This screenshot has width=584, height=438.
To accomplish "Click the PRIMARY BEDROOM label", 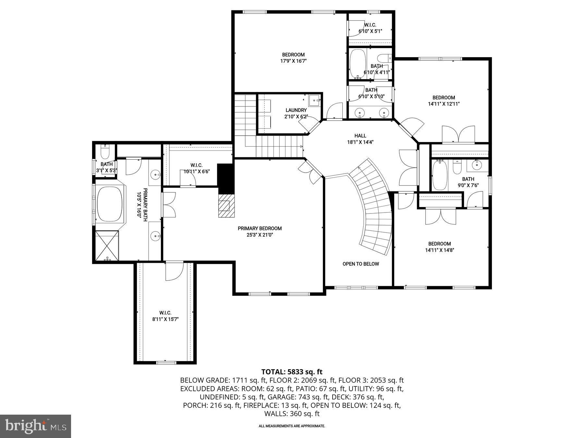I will (260, 228).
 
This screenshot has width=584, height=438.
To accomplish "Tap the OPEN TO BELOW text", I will (360, 264).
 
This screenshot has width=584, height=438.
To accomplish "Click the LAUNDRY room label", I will (296, 110).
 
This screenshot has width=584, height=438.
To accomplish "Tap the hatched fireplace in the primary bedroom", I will (226, 206).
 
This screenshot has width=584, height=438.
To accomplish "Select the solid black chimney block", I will (226, 178).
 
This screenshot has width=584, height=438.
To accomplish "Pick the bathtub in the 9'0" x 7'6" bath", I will (440, 175).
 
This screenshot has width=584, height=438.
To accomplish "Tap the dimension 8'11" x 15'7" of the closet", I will (165, 319).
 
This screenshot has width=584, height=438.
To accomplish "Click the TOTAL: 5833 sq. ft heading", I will (292, 372).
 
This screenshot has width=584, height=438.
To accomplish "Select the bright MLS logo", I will (35, 426).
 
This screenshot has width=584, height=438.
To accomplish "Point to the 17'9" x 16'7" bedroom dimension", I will (293, 61).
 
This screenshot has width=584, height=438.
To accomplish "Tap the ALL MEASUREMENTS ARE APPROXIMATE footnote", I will (292, 426).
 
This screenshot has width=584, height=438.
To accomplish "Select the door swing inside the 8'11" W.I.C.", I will (174, 272).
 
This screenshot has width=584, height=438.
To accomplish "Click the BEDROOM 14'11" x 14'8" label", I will (439, 247).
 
